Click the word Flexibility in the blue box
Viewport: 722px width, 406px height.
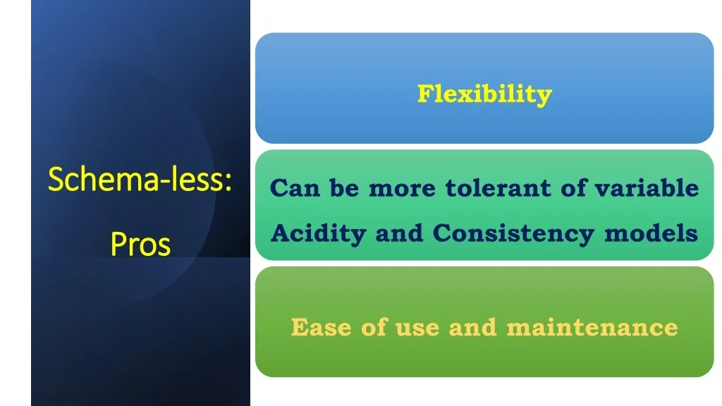pos(484,94)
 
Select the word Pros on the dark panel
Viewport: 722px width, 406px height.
pos(140,244)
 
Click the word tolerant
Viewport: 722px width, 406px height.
pos(498,187)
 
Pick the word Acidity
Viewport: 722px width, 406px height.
pos(318,233)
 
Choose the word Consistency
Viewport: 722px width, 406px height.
pos(513,233)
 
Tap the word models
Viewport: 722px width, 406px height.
pos(651,233)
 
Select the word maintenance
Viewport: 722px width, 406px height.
pos(592,328)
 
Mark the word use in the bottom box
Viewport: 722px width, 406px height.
pos(417,328)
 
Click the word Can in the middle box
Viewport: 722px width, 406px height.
pos(295,187)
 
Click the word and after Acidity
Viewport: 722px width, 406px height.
pos(399,233)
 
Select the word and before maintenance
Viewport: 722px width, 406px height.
pos(473,327)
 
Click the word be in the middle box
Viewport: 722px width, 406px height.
pos(344,187)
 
